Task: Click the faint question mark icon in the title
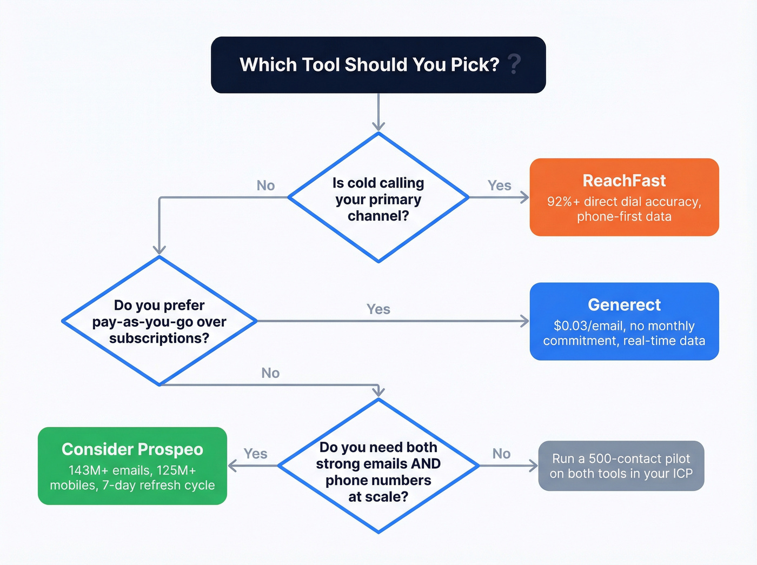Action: [515, 64]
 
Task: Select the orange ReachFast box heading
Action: [624, 181]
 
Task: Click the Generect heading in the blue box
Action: [624, 305]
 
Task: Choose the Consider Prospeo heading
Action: [132, 449]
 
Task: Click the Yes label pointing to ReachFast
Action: [499, 185]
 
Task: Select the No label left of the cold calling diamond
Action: [265, 185]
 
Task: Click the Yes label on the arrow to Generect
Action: [378, 309]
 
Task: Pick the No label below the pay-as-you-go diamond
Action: [270, 373]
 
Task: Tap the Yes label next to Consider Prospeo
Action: [255, 454]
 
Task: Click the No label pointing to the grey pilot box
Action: [501, 454]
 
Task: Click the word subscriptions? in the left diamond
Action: [159, 338]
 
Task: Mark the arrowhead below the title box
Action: [378, 127]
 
